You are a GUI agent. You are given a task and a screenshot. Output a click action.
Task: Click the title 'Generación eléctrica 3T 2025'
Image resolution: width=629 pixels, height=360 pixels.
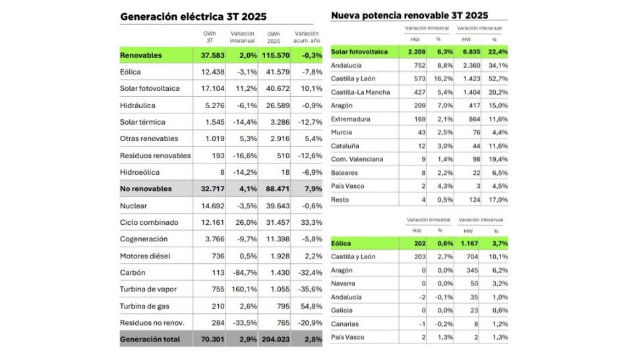[189, 16]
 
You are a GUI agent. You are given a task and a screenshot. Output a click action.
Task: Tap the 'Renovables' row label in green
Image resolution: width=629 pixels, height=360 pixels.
[140, 55]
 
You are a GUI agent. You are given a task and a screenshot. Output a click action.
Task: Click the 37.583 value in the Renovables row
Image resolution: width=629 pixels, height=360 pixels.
[214, 55]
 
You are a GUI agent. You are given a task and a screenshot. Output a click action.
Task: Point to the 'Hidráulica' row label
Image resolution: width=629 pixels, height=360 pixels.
[138, 105]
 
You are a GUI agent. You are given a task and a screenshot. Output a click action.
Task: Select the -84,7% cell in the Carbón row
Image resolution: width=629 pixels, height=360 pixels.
[244, 272]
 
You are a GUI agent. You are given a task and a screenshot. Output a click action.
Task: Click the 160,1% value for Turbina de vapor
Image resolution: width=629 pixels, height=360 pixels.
[244, 289]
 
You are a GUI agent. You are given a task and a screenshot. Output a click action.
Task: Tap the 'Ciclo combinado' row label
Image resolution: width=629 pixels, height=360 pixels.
[148, 222]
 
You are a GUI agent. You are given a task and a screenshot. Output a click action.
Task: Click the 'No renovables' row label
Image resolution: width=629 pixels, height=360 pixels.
[146, 189]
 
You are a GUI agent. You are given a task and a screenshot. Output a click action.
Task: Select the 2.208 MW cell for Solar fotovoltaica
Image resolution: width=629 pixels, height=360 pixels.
[415, 51]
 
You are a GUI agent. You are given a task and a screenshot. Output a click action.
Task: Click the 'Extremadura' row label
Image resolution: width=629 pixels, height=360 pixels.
[350, 119]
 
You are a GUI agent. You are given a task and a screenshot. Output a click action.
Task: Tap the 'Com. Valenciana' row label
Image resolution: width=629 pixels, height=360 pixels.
[357, 159]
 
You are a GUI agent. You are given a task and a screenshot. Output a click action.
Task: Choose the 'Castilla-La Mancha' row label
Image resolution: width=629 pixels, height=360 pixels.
[361, 92]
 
